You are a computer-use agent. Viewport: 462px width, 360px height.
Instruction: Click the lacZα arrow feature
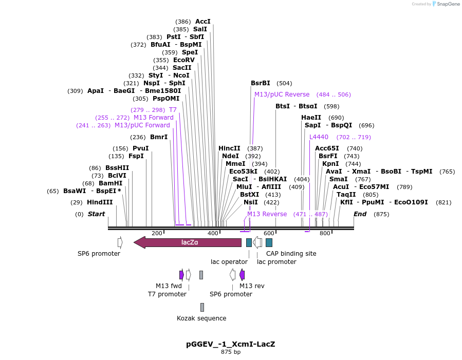tap(188, 242)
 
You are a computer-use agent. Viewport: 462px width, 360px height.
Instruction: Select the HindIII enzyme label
tap(100, 202)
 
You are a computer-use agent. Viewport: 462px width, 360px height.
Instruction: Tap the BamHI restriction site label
tap(110, 183)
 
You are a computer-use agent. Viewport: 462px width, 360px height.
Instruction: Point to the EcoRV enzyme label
tap(184, 60)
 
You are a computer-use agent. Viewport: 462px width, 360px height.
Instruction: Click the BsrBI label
tap(260, 83)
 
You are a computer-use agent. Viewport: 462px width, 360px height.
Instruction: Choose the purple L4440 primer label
tap(319, 137)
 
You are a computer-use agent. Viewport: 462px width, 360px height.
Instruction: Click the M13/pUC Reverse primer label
tap(282, 94)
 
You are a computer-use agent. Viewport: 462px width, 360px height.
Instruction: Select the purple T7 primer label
tap(173, 110)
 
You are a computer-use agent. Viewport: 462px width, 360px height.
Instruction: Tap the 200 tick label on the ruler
tap(157, 233)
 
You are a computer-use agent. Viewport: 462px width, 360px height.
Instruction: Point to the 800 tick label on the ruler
tap(325, 233)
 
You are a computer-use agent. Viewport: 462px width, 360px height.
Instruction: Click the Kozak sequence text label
tap(201, 318)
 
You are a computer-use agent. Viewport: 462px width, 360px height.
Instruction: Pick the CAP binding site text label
tap(291, 254)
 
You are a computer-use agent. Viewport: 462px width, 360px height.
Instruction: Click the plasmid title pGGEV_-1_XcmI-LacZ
tap(231, 344)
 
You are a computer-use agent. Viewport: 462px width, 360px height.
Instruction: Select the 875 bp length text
tap(231, 352)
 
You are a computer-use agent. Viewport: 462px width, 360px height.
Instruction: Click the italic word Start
tap(96, 214)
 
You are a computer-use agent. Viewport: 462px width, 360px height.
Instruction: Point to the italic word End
tap(360, 214)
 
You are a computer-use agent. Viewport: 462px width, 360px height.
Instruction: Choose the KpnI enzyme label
tap(330, 164)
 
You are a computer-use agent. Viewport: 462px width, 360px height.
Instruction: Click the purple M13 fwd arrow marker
tap(181, 275)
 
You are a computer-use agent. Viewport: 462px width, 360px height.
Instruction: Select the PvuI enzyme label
tap(140, 148)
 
